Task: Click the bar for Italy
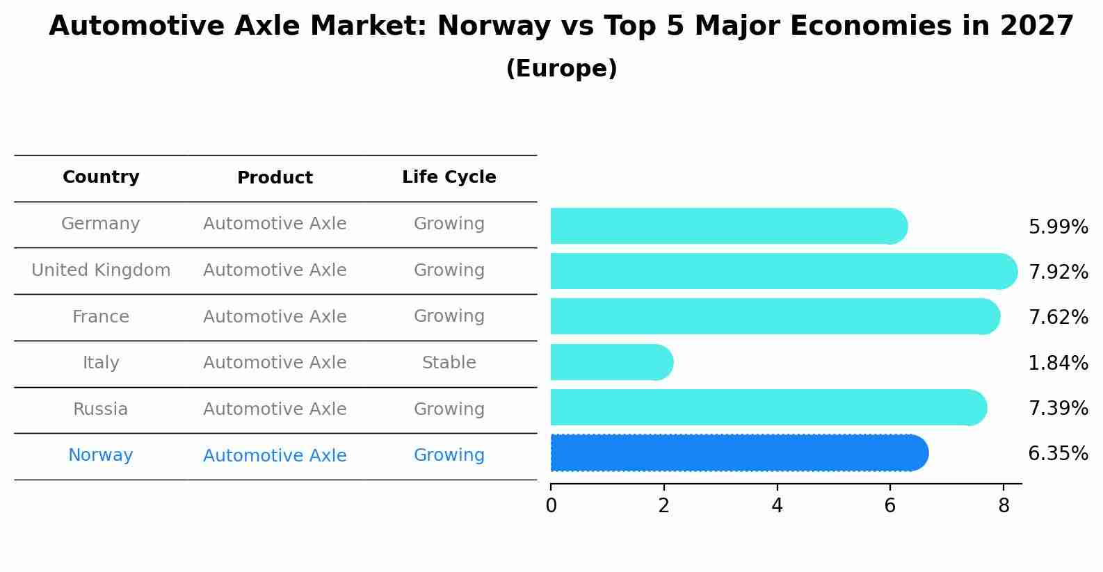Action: tap(611, 362)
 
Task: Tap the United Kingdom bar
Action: tap(782, 271)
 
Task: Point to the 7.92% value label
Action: tap(1058, 272)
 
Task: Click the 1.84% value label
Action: tap(1058, 363)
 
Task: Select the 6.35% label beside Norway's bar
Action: tap(1058, 454)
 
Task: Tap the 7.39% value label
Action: tap(1058, 409)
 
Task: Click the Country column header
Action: tap(101, 177)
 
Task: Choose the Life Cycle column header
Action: tap(449, 177)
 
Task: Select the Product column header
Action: tap(275, 178)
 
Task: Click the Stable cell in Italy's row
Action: tap(449, 363)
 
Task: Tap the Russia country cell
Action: tap(101, 409)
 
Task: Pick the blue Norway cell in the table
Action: tap(101, 455)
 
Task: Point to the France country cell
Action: tap(101, 317)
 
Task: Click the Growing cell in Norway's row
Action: tap(449, 455)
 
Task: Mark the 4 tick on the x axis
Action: tap(777, 506)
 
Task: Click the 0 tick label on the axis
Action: tap(551, 506)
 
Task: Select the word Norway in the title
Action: tap(494, 26)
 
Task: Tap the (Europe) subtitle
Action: tap(561, 69)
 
